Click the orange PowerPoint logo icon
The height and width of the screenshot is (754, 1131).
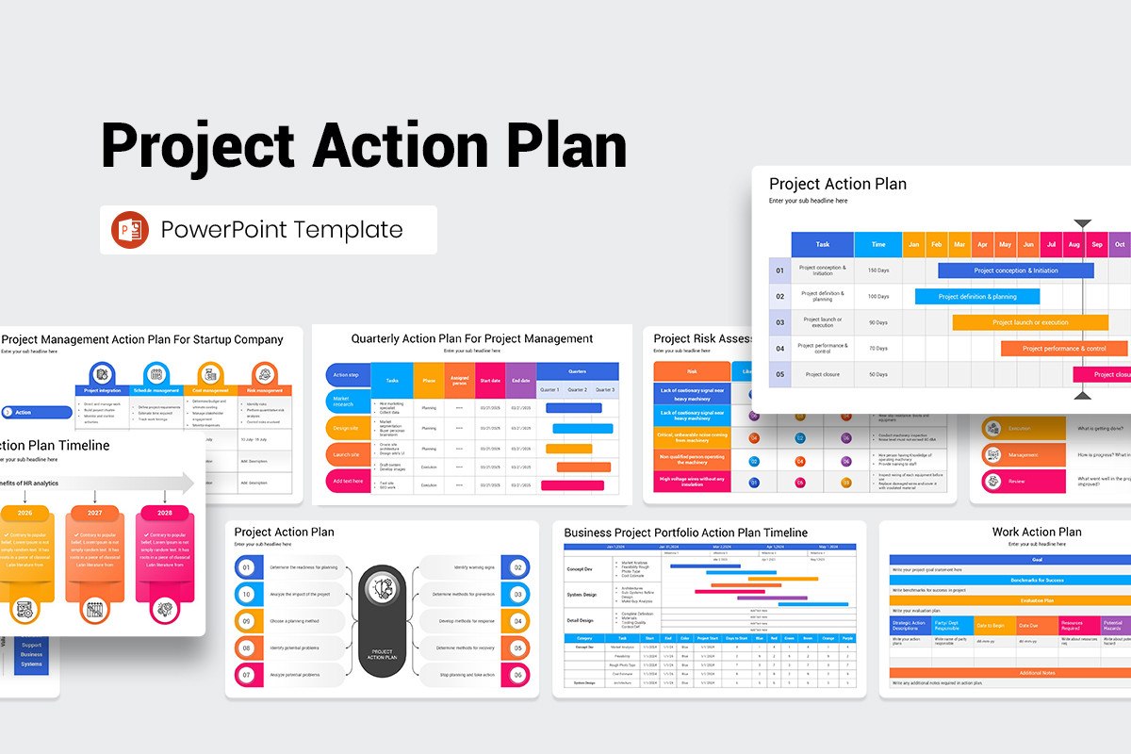point(130,230)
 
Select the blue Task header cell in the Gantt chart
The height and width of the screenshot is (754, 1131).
point(822,244)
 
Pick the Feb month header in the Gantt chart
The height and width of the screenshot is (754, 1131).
point(937,244)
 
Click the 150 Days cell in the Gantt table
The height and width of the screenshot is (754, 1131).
point(877,270)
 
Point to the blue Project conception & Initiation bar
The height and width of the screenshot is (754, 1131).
point(1015,270)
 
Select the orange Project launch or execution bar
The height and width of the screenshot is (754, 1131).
point(1029,322)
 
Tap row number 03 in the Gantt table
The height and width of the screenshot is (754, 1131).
point(779,322)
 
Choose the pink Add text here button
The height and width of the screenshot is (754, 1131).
point(348,481)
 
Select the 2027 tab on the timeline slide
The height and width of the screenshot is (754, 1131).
point(94,514)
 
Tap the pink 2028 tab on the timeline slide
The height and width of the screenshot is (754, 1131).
point(165,514)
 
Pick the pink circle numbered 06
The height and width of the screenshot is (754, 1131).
point(517,675)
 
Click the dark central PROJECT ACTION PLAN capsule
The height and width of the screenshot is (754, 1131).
point(382,621)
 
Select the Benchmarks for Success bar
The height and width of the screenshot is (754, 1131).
point(1009,580)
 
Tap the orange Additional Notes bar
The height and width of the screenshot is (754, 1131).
point(1009,672)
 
